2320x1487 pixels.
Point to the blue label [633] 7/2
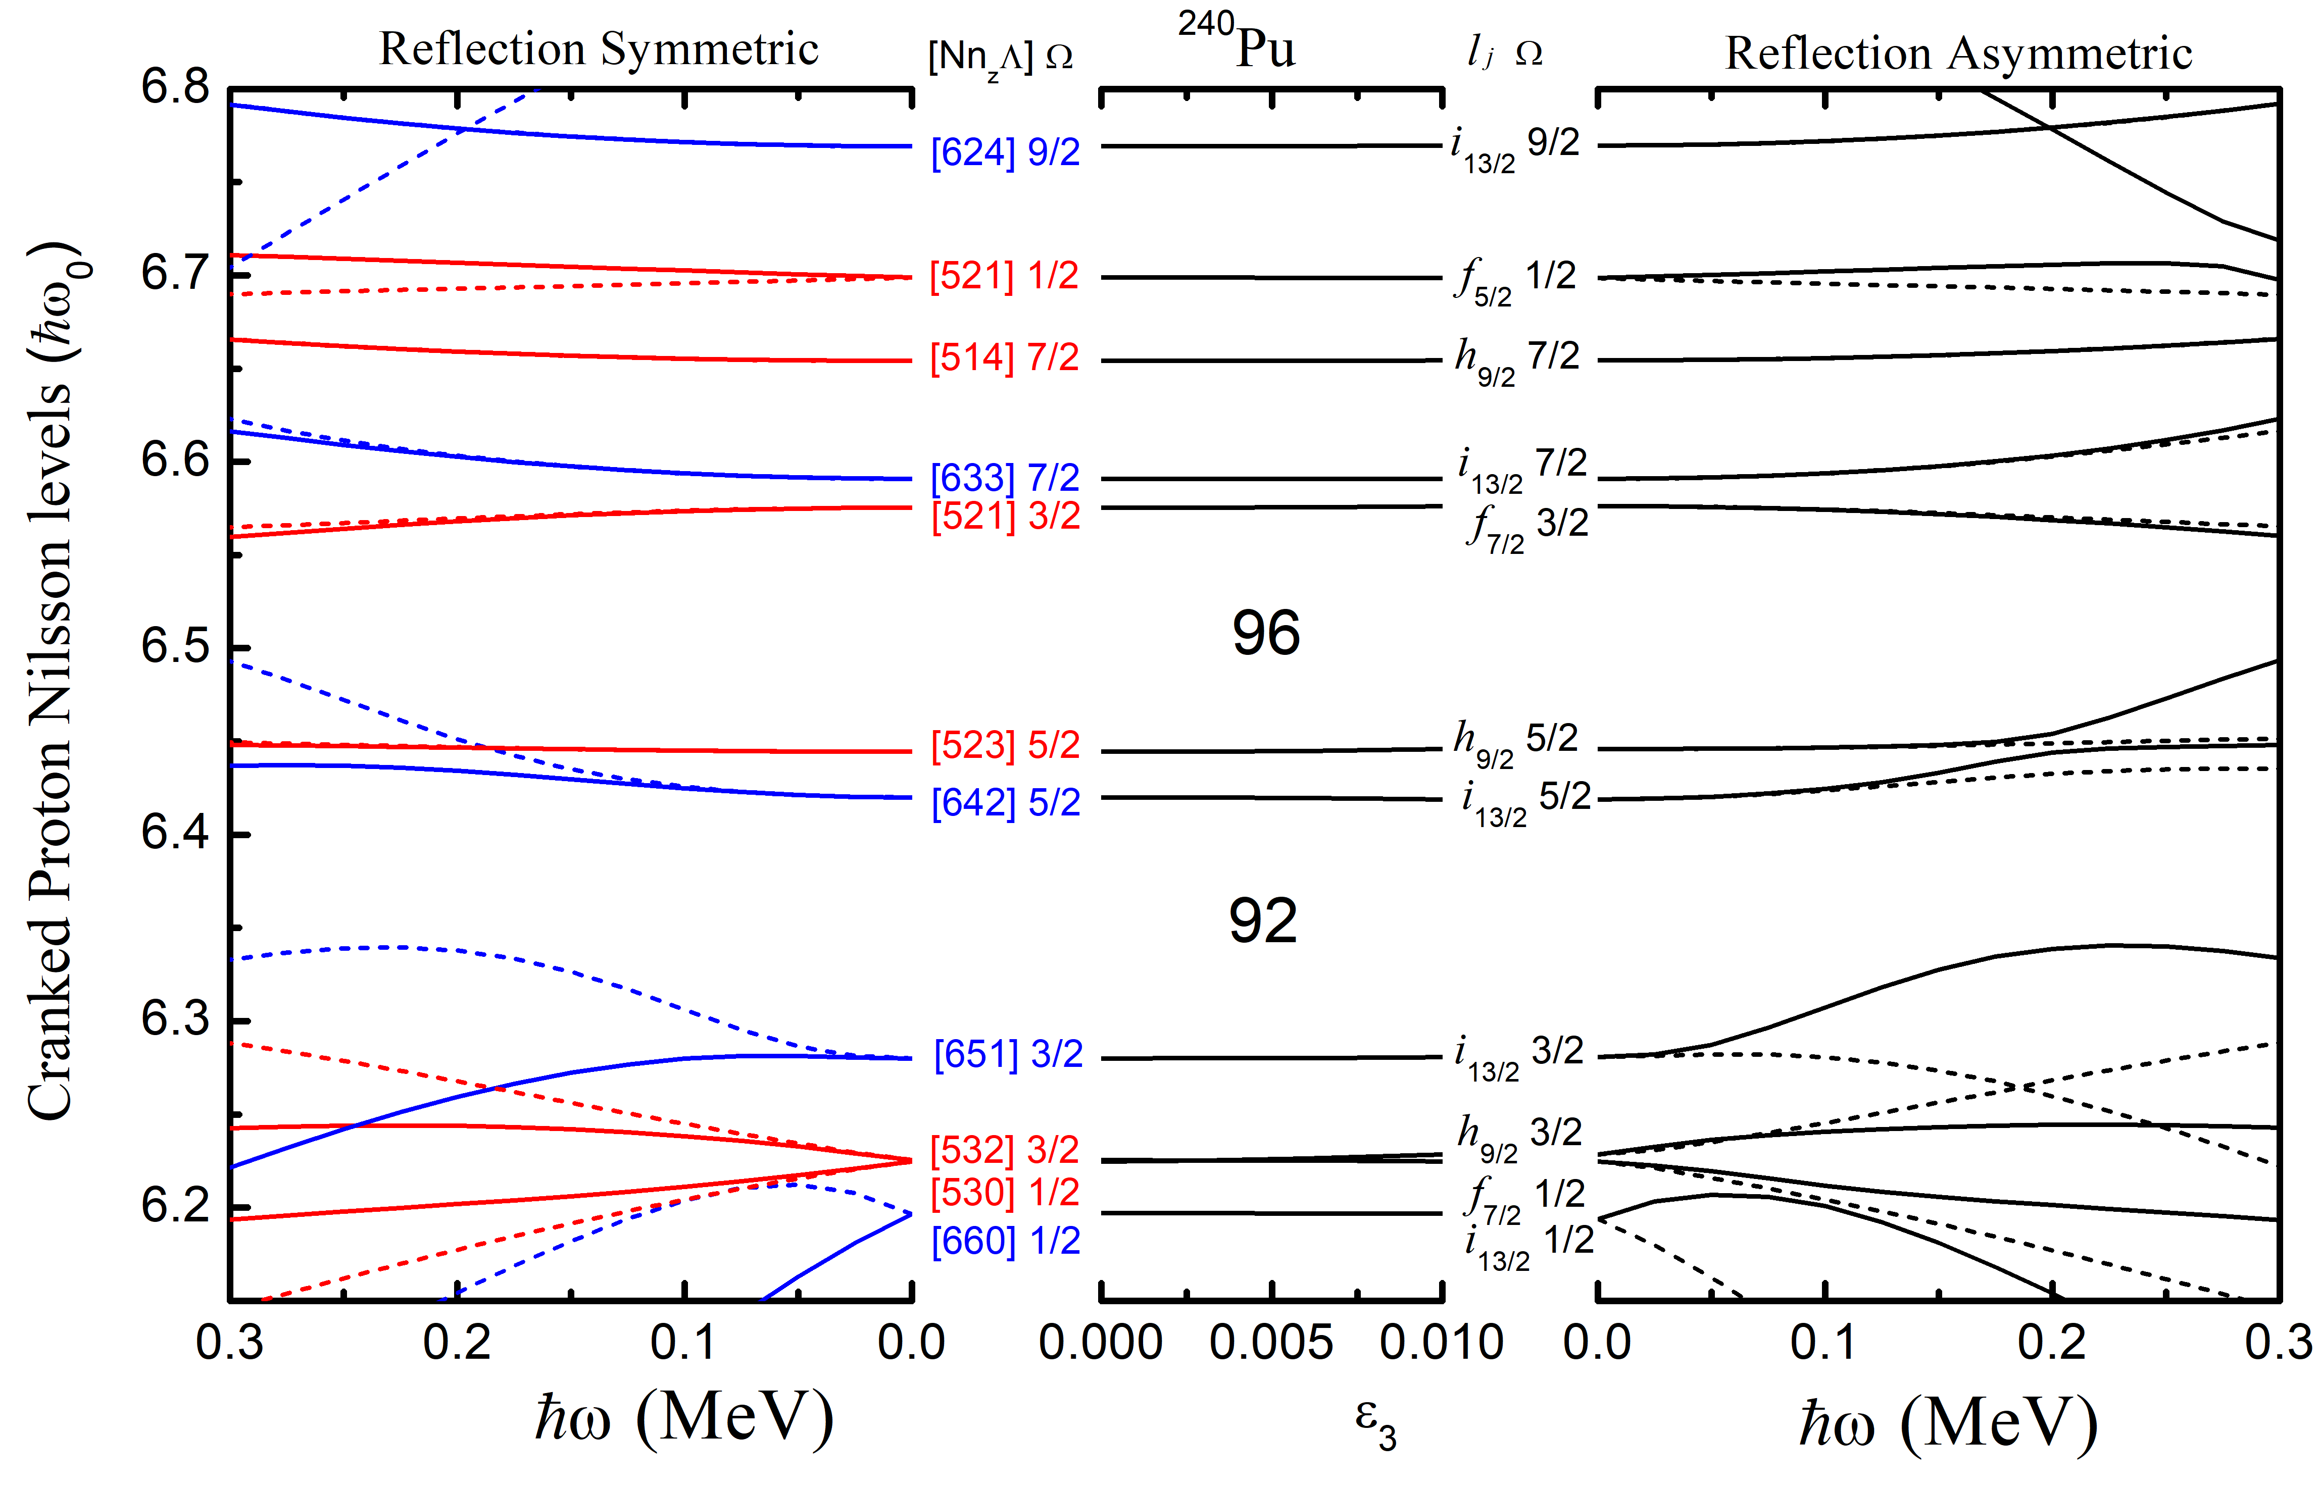point(1005,478)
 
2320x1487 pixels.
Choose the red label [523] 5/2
point(1005,745)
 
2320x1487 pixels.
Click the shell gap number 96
point(1265,634)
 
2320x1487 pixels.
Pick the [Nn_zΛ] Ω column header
point(1000,58)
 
